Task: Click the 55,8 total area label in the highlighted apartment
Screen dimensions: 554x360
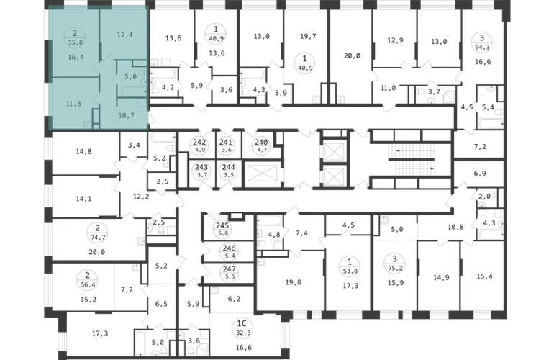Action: pyautogui.click(x=75, y=42)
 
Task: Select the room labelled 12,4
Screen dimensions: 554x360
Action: pyautogui.click(x=124, y=35)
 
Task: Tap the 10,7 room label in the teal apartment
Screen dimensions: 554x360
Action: pyautogui.click(x=126, y=115)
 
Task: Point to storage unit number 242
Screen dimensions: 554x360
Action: pyautogui.click(x=200, y=142)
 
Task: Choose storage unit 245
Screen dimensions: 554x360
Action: pyautogui.click(x=222, y=225)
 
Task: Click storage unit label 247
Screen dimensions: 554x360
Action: pyautogui.click(x=229, y=269)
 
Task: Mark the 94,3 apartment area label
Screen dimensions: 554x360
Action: pyautogui.click(x=481, y=46)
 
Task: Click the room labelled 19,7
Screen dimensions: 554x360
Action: pyautogui.click(x=308, y=37)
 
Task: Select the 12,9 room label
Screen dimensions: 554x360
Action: pyautogui.click(x=395, y=40)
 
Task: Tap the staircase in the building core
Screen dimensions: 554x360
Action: pyautogui.click(x=412, y=160)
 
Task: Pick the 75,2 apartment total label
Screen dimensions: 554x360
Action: pyautogui.click(x=395, y=268)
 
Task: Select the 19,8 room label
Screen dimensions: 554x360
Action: pyautogui.click(x=294, y=282)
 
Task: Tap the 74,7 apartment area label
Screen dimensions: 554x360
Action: pyautogui.click(x=98, y=238)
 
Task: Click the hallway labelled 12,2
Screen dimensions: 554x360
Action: pyautogui.click(x=141, y=197)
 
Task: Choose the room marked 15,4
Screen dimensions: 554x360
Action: pyautogui.click(x=484, y=276)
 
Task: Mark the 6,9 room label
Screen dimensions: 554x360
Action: pyautogui.click(x=480, y=174)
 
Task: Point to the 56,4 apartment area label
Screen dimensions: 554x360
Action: pyautogui.click(x=88, y=284)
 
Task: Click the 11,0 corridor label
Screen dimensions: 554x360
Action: pyautogui.click(x=388, y=88)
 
